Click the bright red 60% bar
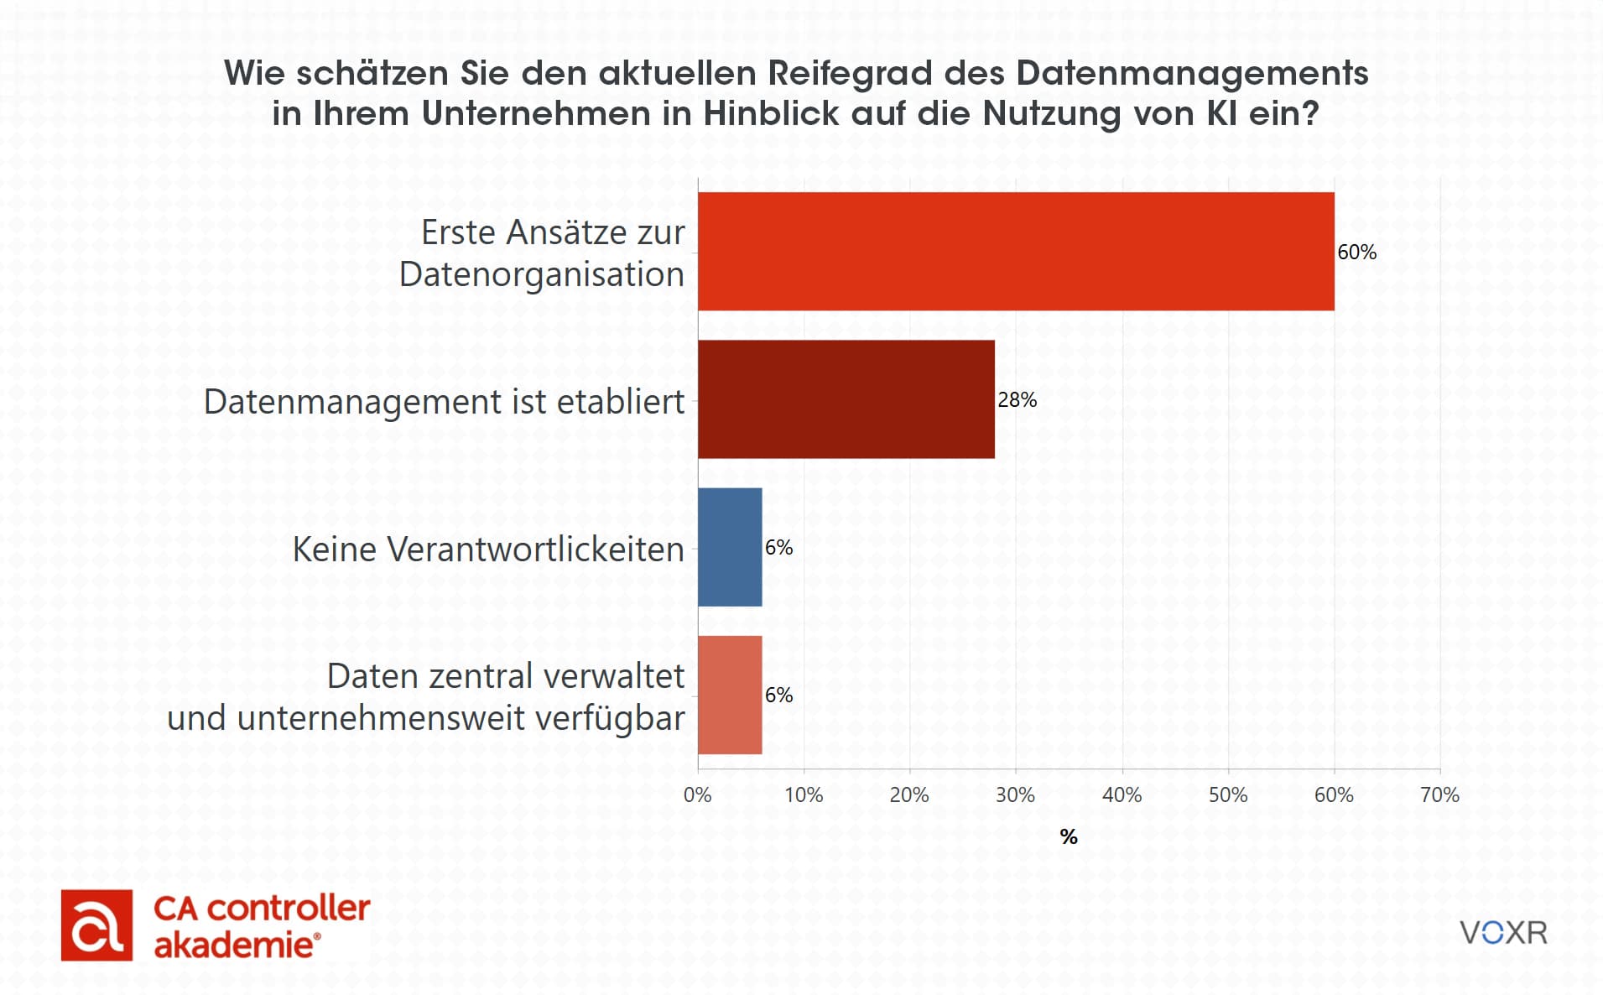(x=1015, y=252)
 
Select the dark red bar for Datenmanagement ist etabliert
(x=846, y=399)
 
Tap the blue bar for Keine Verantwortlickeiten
(x=730, y=547)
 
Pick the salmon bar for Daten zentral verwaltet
(x=730, y=695)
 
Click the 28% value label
(x=1017, y=400)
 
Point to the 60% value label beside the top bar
(x=1356, y=253)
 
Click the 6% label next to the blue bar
(x=778, y=548)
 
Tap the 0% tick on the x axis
(x=697, y=795)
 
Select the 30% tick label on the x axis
(x=1015, y=795)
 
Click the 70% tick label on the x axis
(x=1439, y=795)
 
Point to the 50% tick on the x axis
(x=1227, y=795)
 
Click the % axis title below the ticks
(x=1068, y=836)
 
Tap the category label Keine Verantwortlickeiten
(x=488, y=550)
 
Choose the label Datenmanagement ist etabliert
(x=444, y=402)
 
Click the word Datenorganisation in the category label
(x=542, y=274)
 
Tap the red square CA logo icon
(x=96, y=925)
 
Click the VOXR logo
(x=1503, y=933)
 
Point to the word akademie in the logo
(x=233, y=946)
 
